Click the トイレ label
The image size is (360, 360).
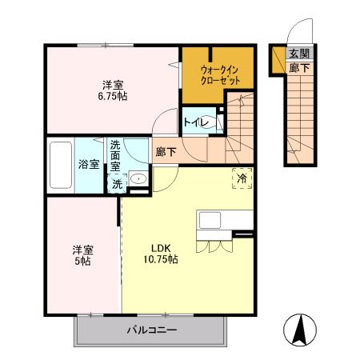click(196, 122)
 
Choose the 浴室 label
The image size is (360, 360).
click(88, 164)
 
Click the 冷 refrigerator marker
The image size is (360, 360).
click(242, 178)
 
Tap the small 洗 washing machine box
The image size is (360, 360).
click(117, 184)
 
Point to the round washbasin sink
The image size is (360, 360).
click(138, 178)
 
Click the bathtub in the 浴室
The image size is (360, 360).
click(61, 164)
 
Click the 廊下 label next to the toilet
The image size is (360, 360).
click(166, 150)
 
